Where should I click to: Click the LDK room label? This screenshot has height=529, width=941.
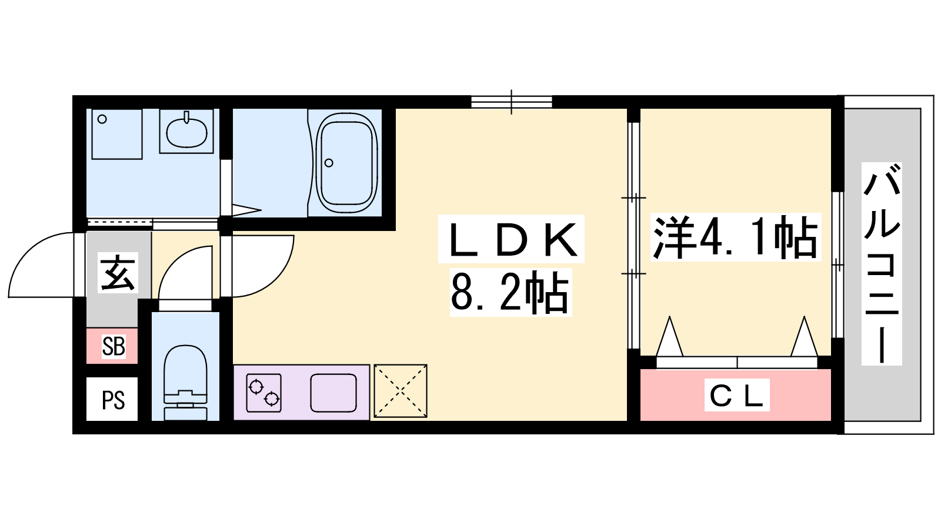point(511,239)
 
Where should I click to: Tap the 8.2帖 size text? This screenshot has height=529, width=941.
point(510,292)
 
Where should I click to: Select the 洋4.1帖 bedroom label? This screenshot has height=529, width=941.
point(735,237)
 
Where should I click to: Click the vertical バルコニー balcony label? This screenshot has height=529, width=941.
point(882,264)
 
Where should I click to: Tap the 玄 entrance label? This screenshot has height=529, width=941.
point(118,273)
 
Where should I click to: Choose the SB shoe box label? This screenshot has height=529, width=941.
point(114,347)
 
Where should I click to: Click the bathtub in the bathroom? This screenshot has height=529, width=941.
point(346,163)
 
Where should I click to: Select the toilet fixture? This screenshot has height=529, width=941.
point(185,383)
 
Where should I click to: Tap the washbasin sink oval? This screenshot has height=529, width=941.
point(186,132)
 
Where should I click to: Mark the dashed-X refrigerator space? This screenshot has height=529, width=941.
point(401,391)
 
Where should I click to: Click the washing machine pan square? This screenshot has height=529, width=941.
point(117,134)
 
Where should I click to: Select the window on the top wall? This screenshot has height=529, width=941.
point(511,102)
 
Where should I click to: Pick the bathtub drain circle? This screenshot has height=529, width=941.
point(329,163)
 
